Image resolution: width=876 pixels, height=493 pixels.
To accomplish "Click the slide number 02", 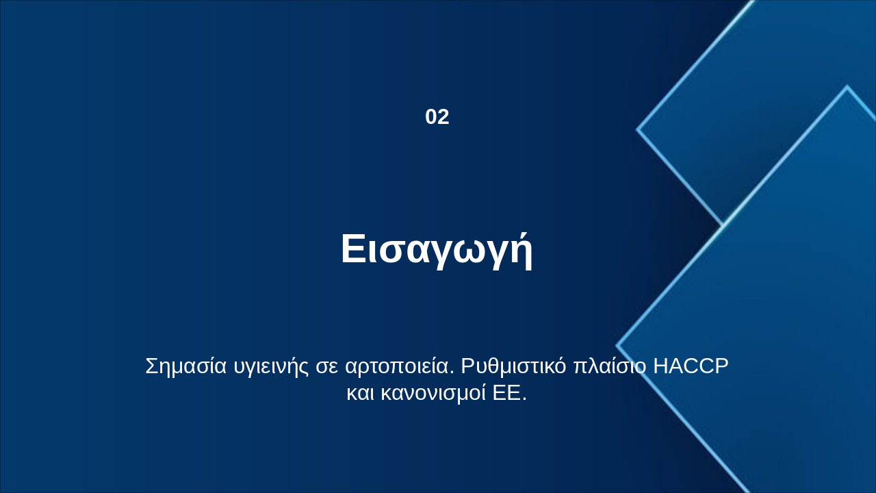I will pos(437,117).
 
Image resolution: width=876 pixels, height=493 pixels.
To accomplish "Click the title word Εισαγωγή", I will pos(437,249).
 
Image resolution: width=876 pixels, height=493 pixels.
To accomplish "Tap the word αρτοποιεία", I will pos(399,366).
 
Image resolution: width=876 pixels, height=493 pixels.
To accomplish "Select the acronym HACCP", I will pos(691,366).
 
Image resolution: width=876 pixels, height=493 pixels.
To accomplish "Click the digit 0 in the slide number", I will pos(431,117).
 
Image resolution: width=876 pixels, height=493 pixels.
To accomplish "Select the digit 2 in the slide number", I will pos(443,117).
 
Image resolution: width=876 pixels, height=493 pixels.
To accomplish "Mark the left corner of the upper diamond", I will pos(638,129).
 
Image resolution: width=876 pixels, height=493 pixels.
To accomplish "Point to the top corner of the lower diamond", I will pos(847,87).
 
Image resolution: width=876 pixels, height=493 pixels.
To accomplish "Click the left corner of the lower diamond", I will pos(617,346).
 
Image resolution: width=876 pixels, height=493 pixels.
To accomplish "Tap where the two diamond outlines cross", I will pos(723,225).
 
